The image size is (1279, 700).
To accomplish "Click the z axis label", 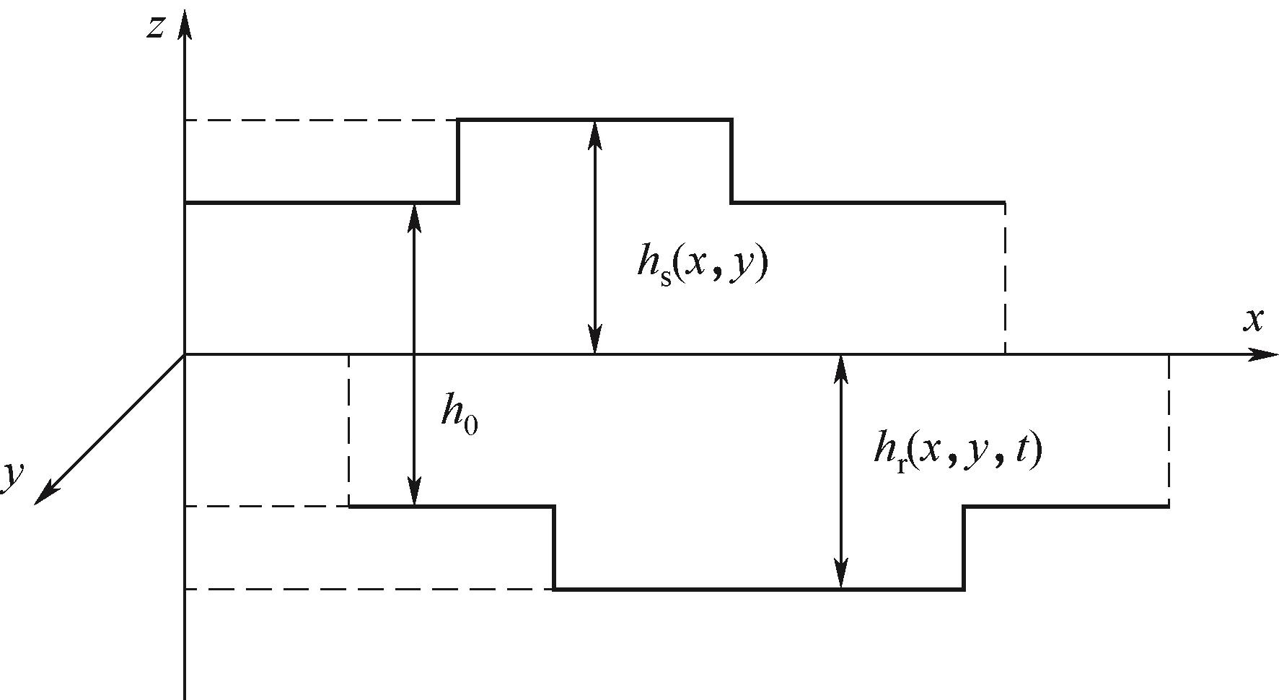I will (157, 27).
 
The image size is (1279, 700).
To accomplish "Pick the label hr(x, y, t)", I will (957, 451).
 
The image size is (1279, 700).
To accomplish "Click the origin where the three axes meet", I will (185, 354).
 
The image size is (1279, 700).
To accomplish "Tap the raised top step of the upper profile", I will (594, 120).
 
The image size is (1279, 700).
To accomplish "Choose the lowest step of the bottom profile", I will (757, 590).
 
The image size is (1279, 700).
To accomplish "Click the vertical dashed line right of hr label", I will (1168, 430).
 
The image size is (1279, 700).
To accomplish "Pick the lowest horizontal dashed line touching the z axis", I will (368, 590).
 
